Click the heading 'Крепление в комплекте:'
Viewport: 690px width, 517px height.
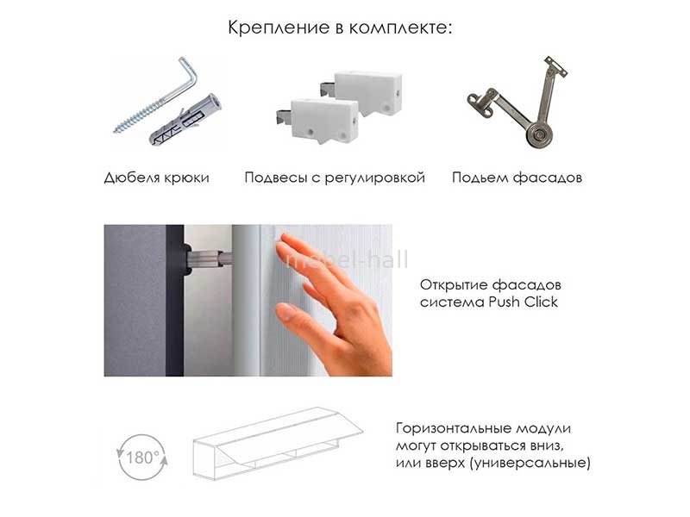(340, 28)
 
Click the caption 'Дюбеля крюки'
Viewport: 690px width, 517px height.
(157, 178)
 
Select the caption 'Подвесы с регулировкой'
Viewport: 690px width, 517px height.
(335, 178)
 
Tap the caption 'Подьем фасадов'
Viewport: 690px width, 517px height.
(517, 178)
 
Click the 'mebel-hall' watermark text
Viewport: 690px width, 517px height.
(347, 259)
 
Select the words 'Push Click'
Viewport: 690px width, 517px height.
(524, 302)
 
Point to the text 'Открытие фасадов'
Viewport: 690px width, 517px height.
(490, 285)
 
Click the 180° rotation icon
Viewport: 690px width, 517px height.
(142, 458)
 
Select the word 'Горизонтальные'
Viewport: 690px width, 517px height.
(454, 428)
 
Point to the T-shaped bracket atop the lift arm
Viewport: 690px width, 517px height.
(555, 67)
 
